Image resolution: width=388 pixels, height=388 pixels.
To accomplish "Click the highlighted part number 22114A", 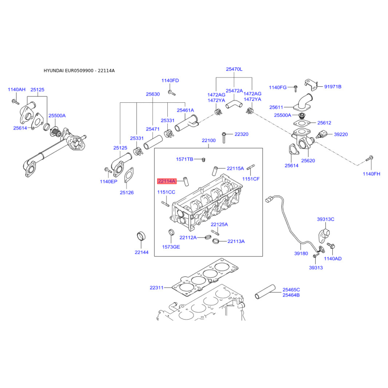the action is tap(167, 181).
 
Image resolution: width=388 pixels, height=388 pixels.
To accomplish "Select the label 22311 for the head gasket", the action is tap(156, 288).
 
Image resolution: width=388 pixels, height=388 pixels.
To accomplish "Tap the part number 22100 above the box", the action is tap(209, 140).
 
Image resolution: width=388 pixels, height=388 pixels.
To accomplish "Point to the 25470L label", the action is tap(234, 69).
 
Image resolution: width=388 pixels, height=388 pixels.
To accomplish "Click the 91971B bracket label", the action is tap(333, 87).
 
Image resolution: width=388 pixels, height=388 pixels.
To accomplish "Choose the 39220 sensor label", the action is tap(341, 134).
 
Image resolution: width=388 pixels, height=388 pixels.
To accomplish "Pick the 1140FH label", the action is tap(372, 174).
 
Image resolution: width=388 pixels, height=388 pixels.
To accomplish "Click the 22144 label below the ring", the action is tap(142, 252).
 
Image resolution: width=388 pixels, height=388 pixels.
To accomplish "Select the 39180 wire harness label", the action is tap(301, 253).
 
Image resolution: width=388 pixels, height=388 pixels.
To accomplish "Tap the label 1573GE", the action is tap(171, 247).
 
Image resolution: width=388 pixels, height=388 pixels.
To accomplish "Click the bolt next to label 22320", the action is tap(224, 138).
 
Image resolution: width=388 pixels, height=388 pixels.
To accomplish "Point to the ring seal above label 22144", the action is tap(141, 236).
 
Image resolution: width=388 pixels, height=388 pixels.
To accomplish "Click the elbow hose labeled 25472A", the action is tap(234, 104).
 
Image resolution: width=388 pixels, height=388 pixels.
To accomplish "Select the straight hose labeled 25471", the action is tap(153, 143).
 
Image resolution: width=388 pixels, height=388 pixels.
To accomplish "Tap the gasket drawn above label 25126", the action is tap(128, 175).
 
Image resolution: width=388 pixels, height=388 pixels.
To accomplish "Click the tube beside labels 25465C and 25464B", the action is tap(265, 292).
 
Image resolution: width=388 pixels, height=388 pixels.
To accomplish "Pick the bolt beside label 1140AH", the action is tap(16, 101).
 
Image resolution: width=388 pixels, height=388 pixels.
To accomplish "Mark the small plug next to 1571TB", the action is tap(204, 160).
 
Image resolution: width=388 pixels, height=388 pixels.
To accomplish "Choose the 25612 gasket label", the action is tap(324, 123).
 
